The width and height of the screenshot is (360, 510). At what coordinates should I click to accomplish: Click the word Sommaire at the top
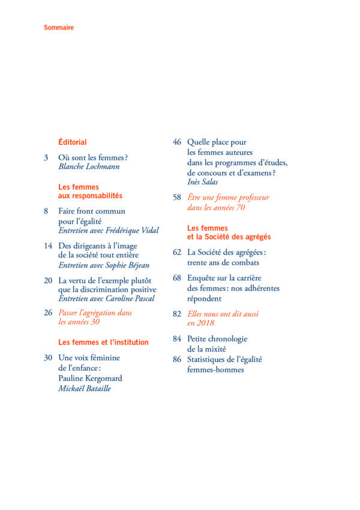[x=59, y=28]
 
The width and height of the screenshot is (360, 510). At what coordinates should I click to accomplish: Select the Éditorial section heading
[x=73, y=142]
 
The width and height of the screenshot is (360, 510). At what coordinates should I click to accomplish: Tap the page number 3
[x=46, y=158]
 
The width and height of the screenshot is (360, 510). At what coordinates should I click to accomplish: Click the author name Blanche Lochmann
[x=89, y=167]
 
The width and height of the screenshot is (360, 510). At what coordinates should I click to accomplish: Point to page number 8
[x=46, y=211]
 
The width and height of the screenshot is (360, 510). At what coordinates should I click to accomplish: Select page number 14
[x=49, y=246]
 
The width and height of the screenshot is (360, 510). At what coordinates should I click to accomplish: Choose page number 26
[x=49, y=313]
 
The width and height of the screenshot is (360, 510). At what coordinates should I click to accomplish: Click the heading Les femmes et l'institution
[x=103, y=342]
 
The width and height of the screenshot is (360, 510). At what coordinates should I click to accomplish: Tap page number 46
[x=177, y=142]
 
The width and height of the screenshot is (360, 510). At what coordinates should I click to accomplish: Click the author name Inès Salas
[x=206, y=182]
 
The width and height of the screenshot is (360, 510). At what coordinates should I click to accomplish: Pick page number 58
[x=177, y=197]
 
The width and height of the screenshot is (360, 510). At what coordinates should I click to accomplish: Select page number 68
[x=177, y=278]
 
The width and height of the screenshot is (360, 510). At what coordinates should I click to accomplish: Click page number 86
[x=177, y=359]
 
